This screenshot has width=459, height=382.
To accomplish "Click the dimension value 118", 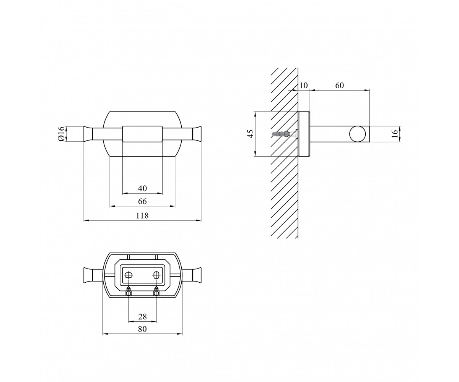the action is point(142,215).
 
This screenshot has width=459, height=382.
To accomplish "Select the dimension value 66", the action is point(142,201).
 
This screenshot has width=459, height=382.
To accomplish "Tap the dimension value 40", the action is point(142,188).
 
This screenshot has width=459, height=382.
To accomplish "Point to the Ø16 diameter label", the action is point(61,134).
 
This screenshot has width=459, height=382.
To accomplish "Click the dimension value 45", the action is point(251,134).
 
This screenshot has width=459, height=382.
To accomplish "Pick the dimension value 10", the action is point(304,86).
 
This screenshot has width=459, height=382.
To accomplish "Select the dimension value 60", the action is point(339,86).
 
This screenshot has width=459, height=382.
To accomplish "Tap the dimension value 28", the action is point(142,317).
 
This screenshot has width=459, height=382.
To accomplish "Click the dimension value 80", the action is point(142,329).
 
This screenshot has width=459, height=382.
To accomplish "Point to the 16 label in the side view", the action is point(395,134).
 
